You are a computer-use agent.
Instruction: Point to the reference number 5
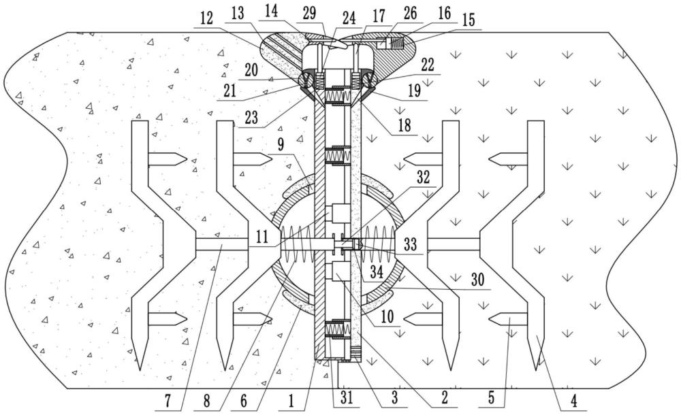pyautogui.click(x=488, y=397)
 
